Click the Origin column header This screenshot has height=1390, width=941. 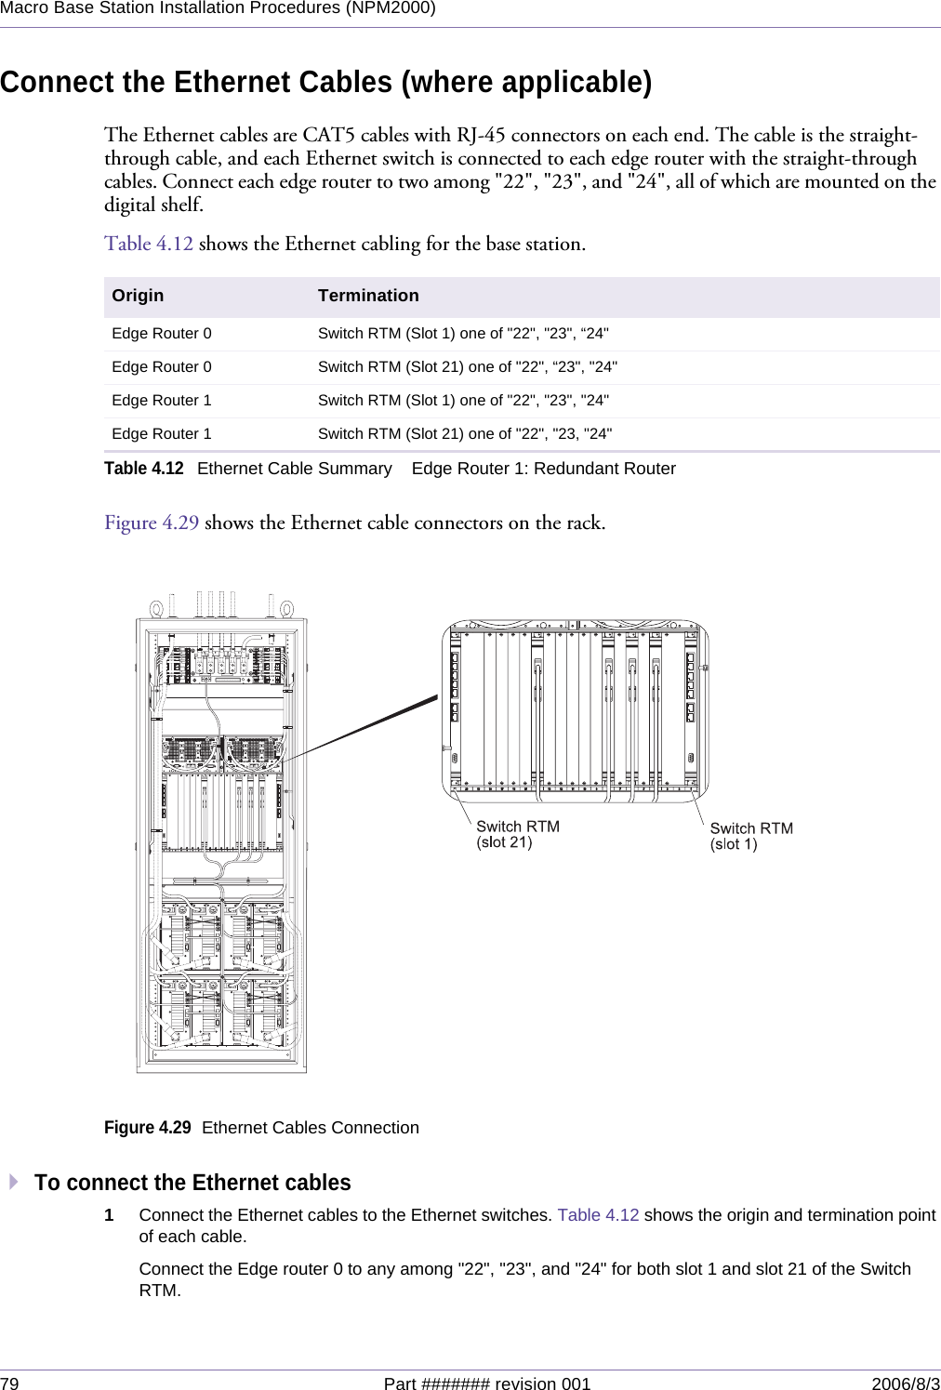(x=138, y=296)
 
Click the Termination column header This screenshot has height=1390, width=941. (x=368, y=296)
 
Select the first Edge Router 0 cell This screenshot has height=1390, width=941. (x=162, y=334)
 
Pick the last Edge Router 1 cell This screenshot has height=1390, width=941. (x=162, y=434)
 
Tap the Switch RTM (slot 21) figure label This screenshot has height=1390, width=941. (x=517, y=834)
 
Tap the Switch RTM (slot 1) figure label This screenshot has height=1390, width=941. (x=750, y=836)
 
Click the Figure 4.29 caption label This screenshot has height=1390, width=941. (x=147, y=1128)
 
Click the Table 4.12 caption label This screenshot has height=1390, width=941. (x=143, y=469)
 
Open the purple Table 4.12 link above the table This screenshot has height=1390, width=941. (x=149, y=244)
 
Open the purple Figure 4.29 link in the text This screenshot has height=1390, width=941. (x=152, y=523)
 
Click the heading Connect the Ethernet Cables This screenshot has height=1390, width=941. (x=325, y=82)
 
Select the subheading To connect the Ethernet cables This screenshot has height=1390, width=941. (x=192, y=1183)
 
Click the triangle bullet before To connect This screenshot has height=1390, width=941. (x=14, y=1182)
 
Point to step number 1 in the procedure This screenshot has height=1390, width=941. (x=109, y=1215)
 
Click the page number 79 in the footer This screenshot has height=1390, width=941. (x=9, y=1383)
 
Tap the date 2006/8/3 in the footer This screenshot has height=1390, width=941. (x=905, y=1383)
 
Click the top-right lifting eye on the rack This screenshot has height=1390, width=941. (x=286, y=610)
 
